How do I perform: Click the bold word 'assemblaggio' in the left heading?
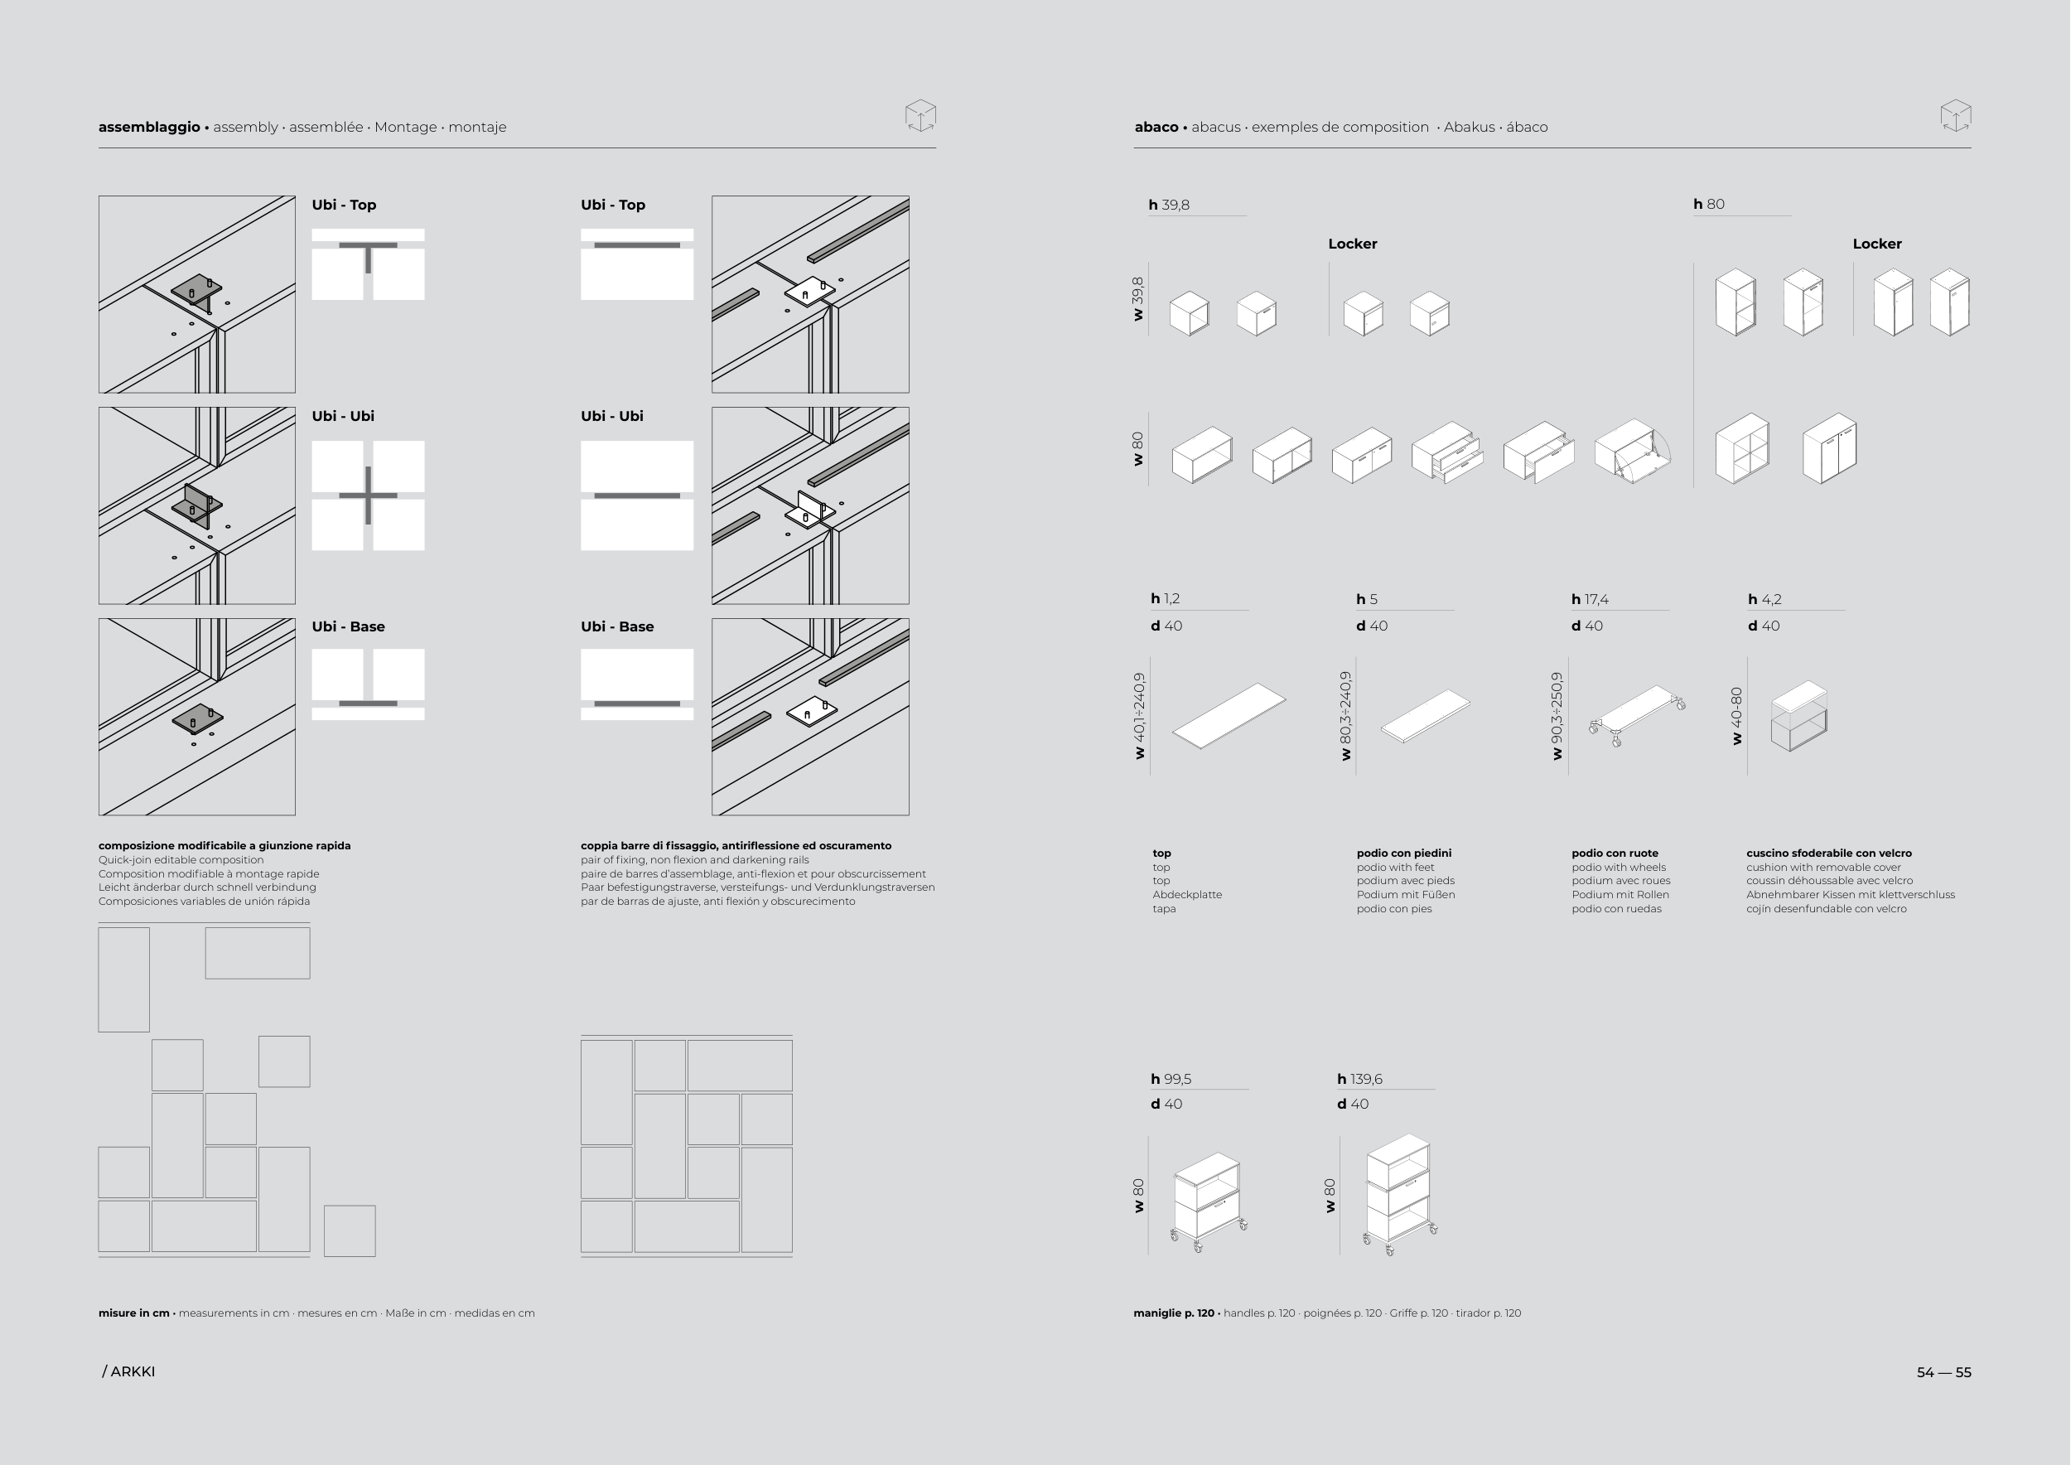149,128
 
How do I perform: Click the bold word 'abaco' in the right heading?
1156,128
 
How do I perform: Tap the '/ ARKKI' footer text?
129,1371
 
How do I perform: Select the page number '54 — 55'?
1943,1372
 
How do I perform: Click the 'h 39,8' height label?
1169,205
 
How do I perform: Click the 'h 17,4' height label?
1590,599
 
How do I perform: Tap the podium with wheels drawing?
1637,715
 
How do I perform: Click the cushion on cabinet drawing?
1798,716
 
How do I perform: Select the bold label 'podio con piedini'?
1403,853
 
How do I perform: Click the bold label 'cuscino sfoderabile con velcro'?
1828,853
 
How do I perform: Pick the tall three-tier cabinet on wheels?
1400,1194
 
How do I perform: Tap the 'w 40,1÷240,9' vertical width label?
1140,715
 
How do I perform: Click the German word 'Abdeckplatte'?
1187,895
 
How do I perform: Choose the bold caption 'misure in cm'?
133,1313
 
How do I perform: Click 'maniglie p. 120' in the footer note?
1174,1313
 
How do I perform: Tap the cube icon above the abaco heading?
1956,115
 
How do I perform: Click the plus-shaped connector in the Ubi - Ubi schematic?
368,496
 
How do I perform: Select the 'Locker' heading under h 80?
1877,244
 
